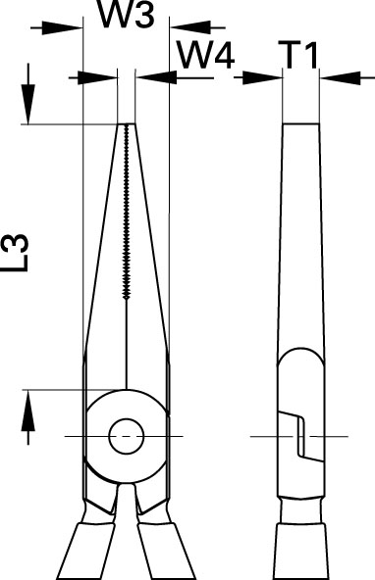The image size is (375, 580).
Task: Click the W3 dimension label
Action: [126, 15]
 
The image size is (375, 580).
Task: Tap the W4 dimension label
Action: [205, 56]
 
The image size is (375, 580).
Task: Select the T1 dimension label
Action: [300, 56]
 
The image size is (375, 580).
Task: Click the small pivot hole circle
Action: [127, 437]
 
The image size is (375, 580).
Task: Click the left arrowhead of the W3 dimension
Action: [62, 27]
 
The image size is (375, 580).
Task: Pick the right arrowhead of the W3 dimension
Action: [189, 27]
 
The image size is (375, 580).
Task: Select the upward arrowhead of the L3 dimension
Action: [27, 411]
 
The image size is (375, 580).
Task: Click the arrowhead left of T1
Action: [262, 77]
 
